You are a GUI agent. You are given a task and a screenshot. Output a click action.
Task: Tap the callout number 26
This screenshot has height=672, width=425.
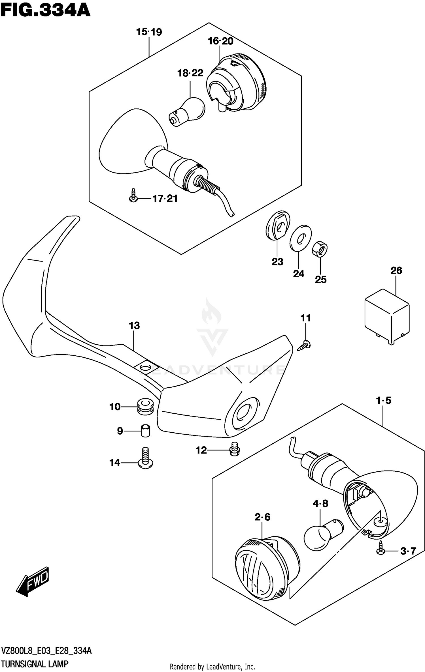coord(396,271)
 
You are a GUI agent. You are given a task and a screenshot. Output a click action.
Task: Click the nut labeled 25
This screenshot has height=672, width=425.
coord(320,249)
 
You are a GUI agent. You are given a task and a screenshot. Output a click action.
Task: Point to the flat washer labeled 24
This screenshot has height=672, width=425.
coord(300,238)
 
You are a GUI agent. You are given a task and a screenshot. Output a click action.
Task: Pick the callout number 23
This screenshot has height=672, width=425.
coord(277,262)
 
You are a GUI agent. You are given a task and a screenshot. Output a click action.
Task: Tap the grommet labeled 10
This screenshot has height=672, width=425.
coord(145,407)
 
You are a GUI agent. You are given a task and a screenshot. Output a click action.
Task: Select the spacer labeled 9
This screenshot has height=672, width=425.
coord(145,431)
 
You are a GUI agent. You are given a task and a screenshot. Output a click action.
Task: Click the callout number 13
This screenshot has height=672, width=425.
coord(134,326)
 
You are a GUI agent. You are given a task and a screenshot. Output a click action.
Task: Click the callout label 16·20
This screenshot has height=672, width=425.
coord(220,41)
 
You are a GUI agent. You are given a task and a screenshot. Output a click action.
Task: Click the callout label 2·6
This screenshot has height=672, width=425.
coord(262,517)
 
